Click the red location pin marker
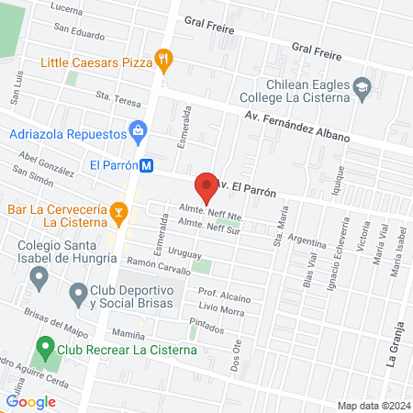tap(206, 188)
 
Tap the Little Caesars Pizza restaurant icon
tap(164, 61)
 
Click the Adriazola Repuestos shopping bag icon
tap(138, 132)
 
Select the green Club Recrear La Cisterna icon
tap(43, 349)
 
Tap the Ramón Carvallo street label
tap(158, 266)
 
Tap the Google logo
tap(30, 401)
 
